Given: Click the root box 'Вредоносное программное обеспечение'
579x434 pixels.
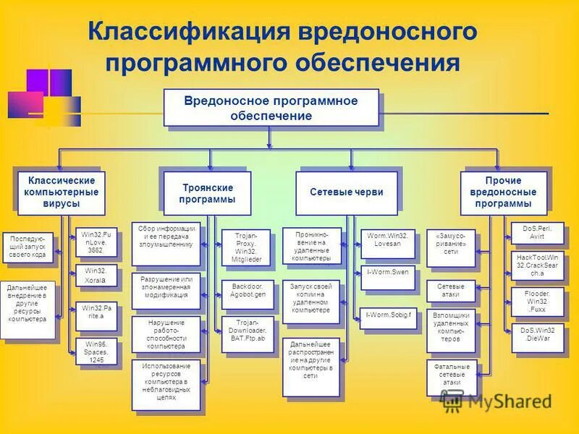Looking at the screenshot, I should (x=271, y=107).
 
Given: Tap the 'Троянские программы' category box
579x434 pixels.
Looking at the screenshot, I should (x=207, y=193).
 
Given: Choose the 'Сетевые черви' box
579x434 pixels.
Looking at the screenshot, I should (x=346, y=193).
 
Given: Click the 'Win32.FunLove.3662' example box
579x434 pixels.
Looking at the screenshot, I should (x=96, y=243).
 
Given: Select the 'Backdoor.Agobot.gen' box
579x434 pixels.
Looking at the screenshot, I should (x=248, y=291).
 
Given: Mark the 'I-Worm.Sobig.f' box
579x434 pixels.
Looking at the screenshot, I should (x=388, y=316).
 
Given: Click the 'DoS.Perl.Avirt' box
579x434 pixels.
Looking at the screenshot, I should (x=537, y=233).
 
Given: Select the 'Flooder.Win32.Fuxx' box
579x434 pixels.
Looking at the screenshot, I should (x=537, y=299).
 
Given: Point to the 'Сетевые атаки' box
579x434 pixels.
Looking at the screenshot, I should (x=450, y=290).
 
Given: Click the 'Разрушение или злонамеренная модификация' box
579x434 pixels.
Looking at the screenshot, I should (x=166, y=286).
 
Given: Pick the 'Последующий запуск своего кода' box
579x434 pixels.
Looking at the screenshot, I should (x=28, y=247).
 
